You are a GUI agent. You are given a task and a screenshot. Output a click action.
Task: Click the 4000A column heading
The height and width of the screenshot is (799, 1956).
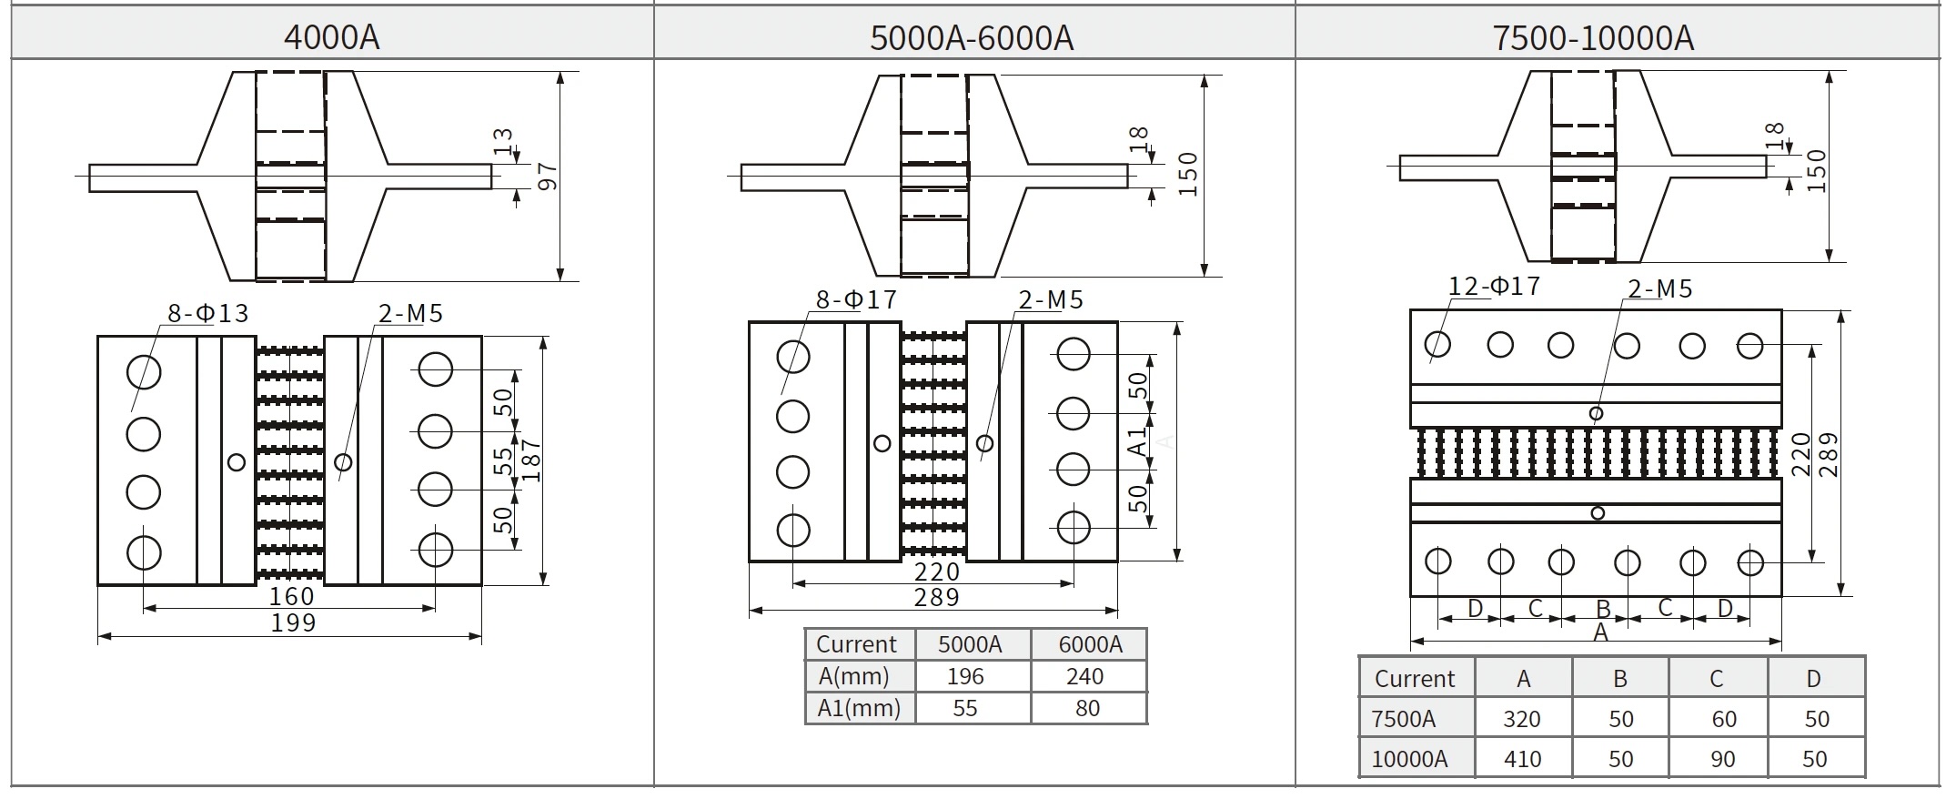331,37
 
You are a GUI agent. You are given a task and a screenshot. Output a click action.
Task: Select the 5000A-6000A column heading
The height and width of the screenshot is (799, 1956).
972,37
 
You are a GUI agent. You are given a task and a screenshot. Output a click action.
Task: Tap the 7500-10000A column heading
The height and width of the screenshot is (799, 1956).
1592,37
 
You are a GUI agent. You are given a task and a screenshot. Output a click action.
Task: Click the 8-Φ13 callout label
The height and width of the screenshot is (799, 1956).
207,314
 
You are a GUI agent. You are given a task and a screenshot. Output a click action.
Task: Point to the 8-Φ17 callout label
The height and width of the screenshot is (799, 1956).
856,299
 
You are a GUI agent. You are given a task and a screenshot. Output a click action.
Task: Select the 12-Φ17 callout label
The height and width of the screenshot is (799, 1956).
1494,287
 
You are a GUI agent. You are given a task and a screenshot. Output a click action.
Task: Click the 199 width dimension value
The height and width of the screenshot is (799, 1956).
293,623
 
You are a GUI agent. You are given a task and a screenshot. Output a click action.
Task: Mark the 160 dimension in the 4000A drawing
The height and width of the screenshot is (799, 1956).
291,597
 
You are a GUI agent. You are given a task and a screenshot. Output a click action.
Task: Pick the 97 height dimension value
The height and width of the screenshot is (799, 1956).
549,177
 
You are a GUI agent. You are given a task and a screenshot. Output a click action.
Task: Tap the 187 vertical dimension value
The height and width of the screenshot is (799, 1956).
532,460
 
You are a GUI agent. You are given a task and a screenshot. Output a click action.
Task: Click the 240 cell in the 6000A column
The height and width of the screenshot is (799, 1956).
1084,676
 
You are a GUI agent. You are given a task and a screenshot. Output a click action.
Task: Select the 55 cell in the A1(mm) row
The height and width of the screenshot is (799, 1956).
964,708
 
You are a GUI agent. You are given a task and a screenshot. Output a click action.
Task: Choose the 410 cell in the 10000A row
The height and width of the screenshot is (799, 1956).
1522,759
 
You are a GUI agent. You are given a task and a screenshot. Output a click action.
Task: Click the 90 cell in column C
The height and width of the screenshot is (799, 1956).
1722,759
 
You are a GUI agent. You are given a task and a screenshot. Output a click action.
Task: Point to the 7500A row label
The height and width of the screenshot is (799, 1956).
1403,719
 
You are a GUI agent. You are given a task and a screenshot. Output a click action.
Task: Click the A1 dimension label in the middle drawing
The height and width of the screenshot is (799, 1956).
1138,442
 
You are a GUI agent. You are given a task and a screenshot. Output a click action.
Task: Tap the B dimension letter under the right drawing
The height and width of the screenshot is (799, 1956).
1603,609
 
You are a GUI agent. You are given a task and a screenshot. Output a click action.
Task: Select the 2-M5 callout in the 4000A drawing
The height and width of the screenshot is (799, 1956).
410,314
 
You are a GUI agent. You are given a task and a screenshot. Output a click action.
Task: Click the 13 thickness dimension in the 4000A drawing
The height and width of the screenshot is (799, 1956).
503,141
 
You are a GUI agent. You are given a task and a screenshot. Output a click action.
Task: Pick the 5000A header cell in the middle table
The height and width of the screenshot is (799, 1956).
969,644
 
